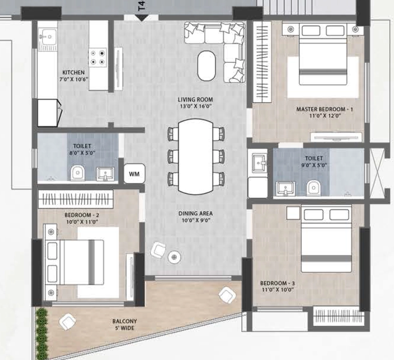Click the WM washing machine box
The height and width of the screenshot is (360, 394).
tap(134, 173)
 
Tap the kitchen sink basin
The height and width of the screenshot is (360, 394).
tap(48, 37)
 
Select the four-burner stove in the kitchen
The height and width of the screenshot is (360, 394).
tap(97, 58)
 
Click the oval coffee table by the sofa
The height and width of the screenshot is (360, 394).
tap(207, 66)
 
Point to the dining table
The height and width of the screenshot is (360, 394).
tap(195, 157)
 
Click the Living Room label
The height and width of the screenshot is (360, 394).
tap(195, 100)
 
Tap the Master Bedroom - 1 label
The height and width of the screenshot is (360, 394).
tap(325, 109)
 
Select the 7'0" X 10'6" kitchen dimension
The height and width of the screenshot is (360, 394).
tap(73, 79)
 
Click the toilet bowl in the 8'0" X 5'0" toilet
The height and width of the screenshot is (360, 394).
tap(77, 173)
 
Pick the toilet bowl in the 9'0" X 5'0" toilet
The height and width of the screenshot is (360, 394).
tap(313, 187)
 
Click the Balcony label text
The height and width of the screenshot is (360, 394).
tap(125, 321)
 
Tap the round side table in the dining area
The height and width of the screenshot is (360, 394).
tap(174, 257)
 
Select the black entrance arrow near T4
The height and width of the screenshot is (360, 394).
tap(142, 18)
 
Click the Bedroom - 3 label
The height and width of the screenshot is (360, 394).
tap(278, 283)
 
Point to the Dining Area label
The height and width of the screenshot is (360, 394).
tap(195, 213)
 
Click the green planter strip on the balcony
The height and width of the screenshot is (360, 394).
tap(42, 333)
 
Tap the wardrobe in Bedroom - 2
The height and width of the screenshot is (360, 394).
tap(76, 199)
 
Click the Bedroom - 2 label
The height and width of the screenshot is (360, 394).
tap(82, 215)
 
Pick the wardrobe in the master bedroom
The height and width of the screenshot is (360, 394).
tap(262, 62)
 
